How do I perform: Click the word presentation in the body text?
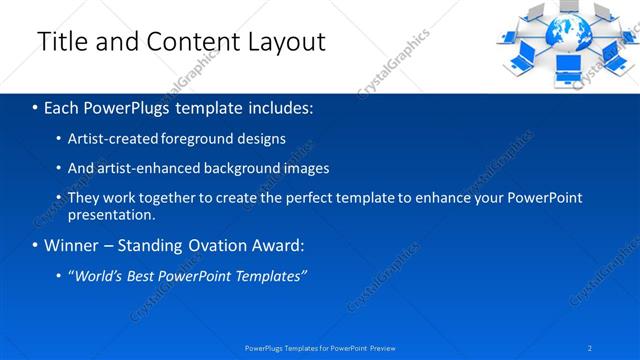point(110,214)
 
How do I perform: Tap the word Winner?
point(71,245)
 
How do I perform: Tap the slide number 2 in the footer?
point(590,348)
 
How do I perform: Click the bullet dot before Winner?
point(36,245)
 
